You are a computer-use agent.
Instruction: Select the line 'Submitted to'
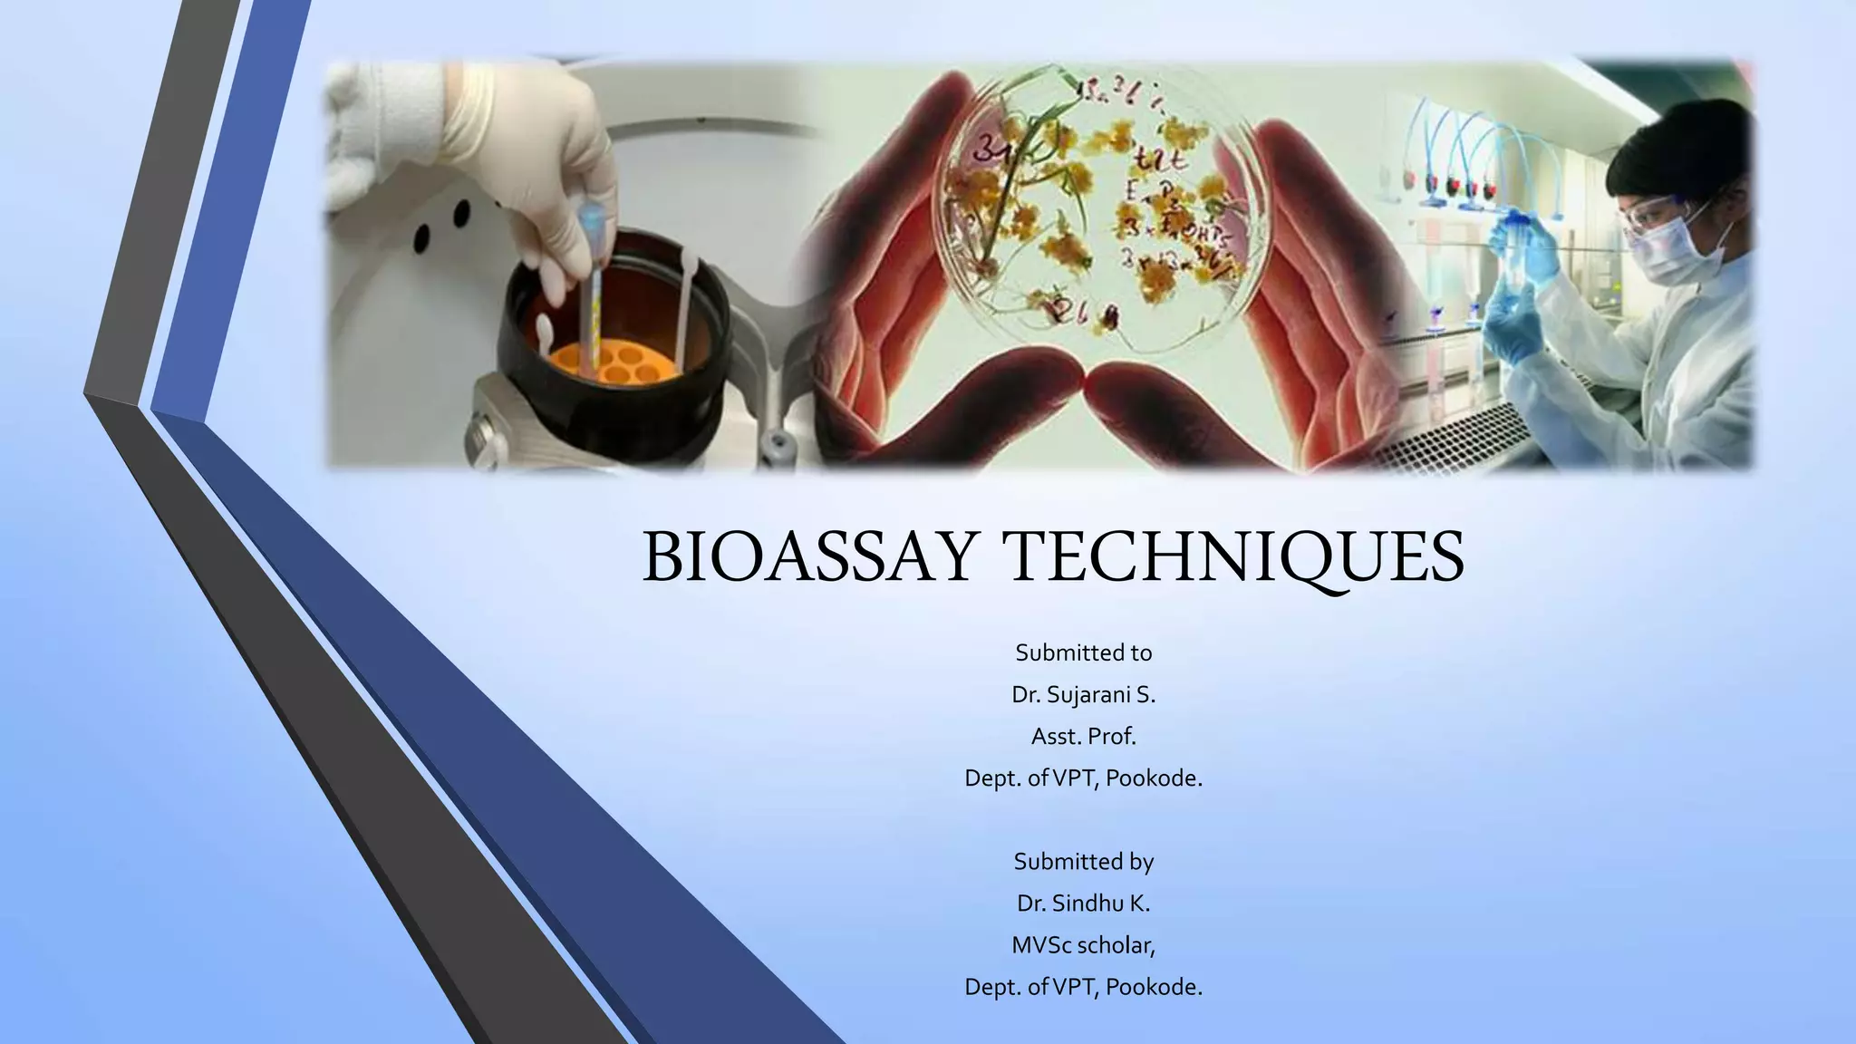tap(1083, 652)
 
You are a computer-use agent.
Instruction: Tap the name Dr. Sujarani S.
tap(1083, 695)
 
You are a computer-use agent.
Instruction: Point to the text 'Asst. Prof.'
tap(1083, 737)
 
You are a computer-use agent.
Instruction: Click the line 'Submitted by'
tap(1083, 861)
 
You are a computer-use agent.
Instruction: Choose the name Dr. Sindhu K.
tap(1083, 904)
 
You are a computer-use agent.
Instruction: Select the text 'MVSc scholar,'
tap(1083, 945)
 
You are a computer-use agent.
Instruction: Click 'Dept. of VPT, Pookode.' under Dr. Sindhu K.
tap(1083, 987)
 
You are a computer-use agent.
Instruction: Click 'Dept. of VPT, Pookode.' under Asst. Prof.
tap(1083, 778)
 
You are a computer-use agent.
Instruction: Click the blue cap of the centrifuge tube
tap(591, 217)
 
